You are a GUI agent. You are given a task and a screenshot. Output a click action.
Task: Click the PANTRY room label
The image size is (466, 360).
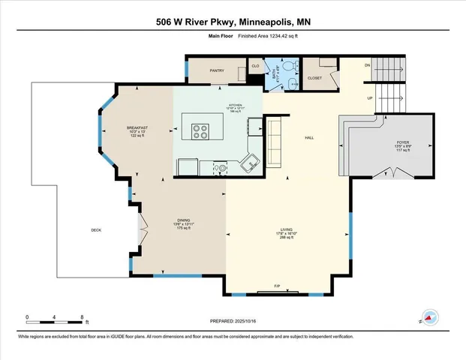tap(217, 70)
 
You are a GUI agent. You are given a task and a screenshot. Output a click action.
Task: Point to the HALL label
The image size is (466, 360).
tap(308, 137)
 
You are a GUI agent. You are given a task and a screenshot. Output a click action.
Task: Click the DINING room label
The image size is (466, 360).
tap(173, 220)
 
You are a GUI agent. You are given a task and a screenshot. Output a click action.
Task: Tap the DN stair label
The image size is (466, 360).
tap(367, 65)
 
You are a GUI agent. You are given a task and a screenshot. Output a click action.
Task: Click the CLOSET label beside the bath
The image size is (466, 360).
tap(314, 77)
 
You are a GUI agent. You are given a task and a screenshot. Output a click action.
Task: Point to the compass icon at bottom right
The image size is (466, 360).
tap(431, 318)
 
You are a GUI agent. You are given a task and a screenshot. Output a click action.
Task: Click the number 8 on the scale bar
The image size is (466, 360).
tap(81, 316)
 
